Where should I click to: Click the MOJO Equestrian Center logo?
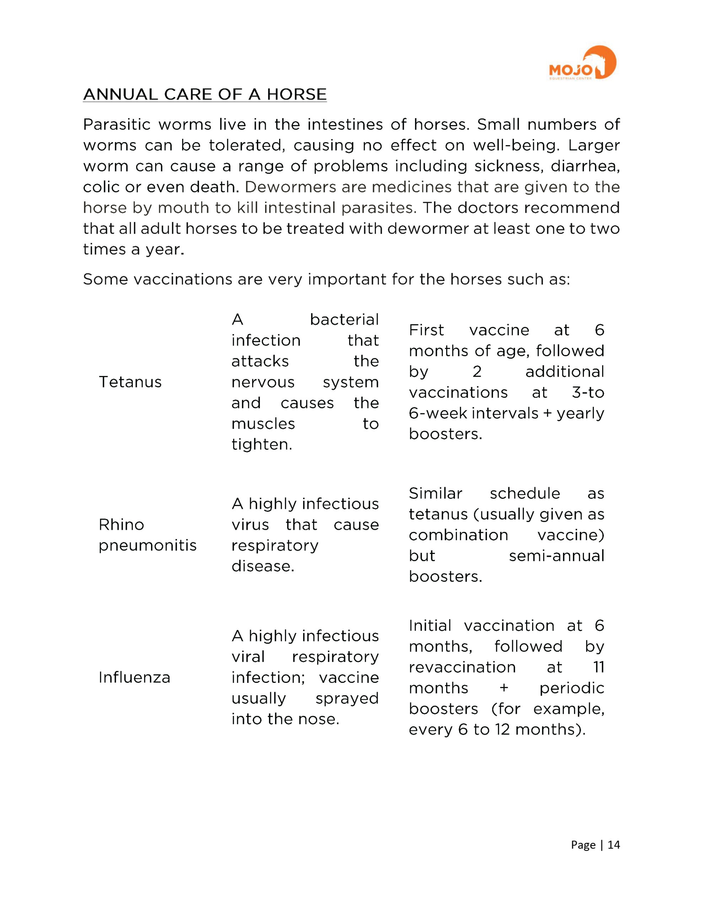582,63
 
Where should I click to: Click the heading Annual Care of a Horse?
205,94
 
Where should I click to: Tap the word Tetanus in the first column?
130,382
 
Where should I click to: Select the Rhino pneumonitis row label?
147,535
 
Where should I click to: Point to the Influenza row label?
134,677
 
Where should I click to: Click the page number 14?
613,844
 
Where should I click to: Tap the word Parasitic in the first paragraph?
117,124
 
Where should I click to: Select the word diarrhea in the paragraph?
585,166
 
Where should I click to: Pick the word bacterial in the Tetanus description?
344,320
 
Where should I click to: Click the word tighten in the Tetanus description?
261,445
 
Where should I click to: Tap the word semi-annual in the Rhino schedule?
556,556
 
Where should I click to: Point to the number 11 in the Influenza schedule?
599,667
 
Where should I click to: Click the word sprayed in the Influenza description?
347,698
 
